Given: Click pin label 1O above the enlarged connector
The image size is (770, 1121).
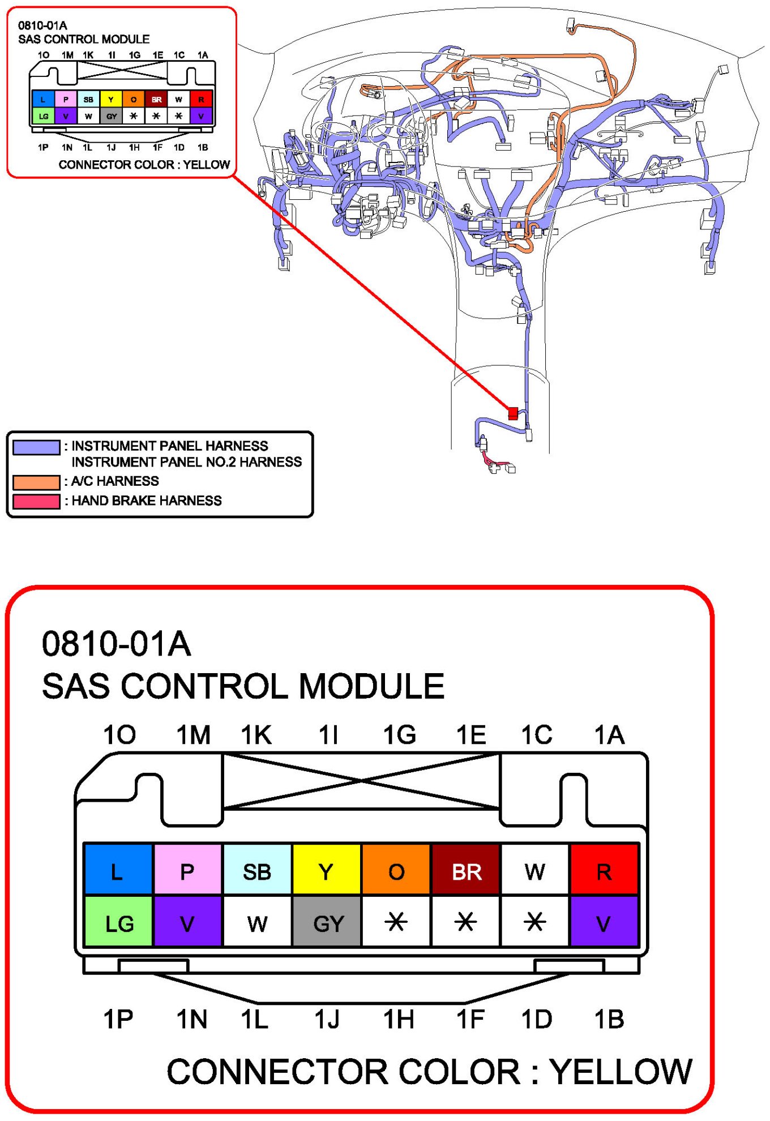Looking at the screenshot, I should point(119,735).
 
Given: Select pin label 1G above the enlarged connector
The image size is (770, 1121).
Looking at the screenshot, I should point(400,735).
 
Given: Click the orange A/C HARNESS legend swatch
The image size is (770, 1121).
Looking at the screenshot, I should point(36,482).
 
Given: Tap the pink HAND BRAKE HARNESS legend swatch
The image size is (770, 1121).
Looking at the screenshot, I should point(36,501).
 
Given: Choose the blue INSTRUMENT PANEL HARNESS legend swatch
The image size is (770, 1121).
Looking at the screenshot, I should point(36,447).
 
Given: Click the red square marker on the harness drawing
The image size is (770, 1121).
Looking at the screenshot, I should point(513,413).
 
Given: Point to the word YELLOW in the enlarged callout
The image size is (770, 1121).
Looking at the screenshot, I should point(621,1072).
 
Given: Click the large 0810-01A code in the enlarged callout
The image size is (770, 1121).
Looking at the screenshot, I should point(117,644).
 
